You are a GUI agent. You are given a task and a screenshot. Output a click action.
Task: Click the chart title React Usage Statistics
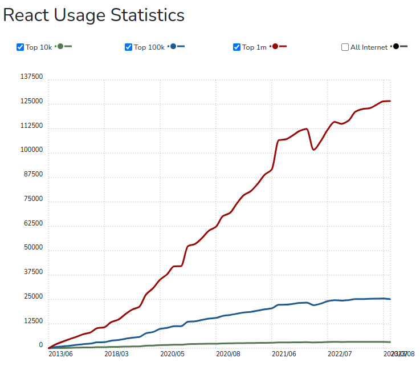click(x=94, y=15)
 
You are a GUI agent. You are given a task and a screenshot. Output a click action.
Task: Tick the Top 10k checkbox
click(x=21, y=47)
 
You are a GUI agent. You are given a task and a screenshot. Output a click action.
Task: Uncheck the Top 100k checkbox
click(x=129, y=47)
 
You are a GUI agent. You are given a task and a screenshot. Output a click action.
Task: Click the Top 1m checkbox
click(x=237, y=47)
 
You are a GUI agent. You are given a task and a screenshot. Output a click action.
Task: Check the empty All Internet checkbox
click(x=345, y=47)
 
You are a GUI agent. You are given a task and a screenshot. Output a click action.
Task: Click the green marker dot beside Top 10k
click(x=60, y=47)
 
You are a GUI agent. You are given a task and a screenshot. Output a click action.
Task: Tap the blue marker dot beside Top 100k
click(x=173, y=47)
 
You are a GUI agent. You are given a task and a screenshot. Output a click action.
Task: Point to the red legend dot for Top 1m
click(x=275, y=47)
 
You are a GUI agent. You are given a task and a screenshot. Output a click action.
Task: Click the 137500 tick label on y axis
click(x=31, y=77)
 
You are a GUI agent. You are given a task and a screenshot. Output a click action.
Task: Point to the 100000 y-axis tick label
click(x=31, y=150)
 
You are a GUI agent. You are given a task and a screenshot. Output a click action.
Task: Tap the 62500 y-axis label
click(x=33, y=223)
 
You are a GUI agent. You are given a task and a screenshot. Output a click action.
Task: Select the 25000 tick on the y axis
click(x=33, y=297)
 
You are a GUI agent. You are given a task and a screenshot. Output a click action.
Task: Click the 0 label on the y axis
click(x=40, y=345)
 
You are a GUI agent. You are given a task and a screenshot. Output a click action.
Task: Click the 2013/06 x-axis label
click(x=60, y=354)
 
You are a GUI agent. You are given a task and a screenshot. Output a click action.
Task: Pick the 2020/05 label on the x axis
click(x=172, y=354)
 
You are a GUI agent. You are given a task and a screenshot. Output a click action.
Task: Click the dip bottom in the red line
click(x=313, y=150)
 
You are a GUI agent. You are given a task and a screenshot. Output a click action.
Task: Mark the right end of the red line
click(x=390, y=101)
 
